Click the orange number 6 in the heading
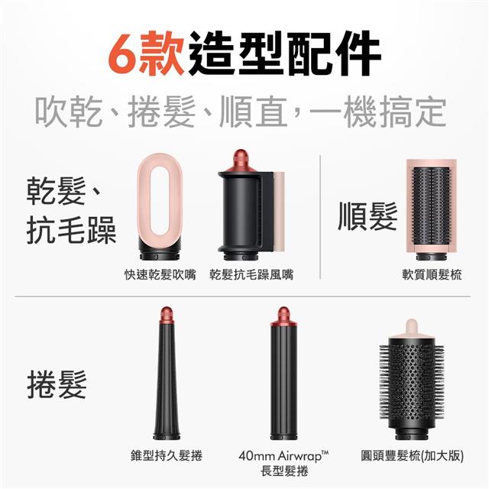tap(123, 53)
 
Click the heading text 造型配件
tap(284, 53)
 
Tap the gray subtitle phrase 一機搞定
tap(378, 112)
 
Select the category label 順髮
tap(368, 216)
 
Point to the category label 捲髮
tap(57, 384)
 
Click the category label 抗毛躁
tap(71, 230)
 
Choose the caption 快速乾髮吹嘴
tap(160, 275)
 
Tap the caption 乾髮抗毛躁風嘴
tap(251, 275)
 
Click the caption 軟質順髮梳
tap(432, 275)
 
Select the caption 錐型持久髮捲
tap(167, 455)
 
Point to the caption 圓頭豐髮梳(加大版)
tap(412, 455)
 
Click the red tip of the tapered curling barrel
tap(166, 316)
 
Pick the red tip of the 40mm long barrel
tap(283, 316)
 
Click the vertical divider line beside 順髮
tap(320, 217)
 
